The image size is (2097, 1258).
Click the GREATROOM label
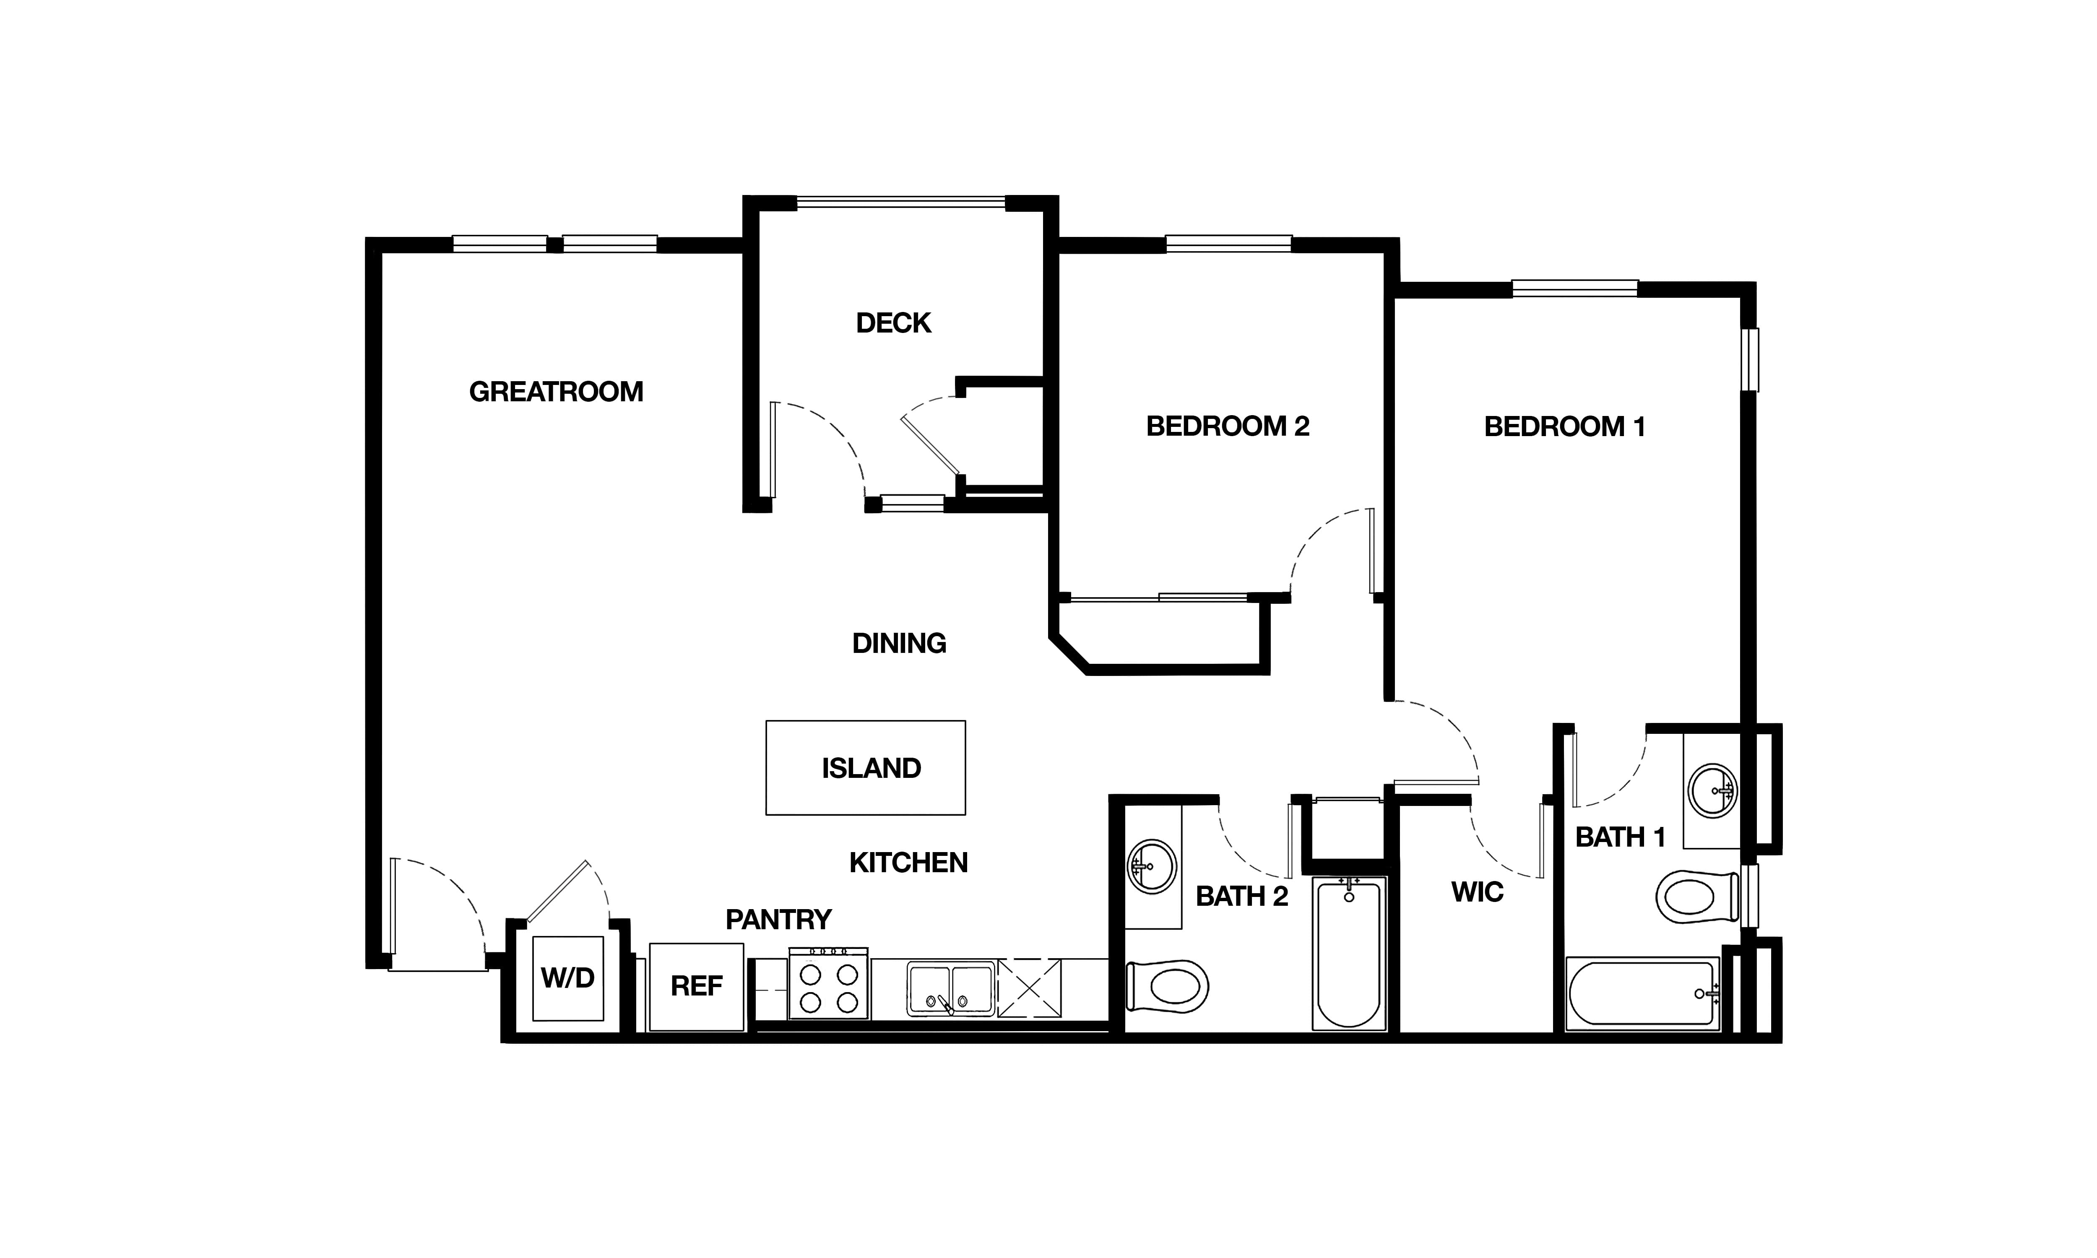click(x=556, y=392)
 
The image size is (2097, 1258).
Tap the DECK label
click(x=893, y=323)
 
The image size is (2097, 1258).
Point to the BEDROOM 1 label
click(x=1565, y=426)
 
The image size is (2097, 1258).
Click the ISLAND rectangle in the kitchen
click(x=865, y=768)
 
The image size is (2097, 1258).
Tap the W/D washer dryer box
click(x=568, y=978)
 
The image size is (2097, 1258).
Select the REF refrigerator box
click(x=697, y=987)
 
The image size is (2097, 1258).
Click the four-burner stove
click(x=828, y=983)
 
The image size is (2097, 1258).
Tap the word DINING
click(x=899, y=643)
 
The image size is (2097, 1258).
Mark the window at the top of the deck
click(x=901, y=203)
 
